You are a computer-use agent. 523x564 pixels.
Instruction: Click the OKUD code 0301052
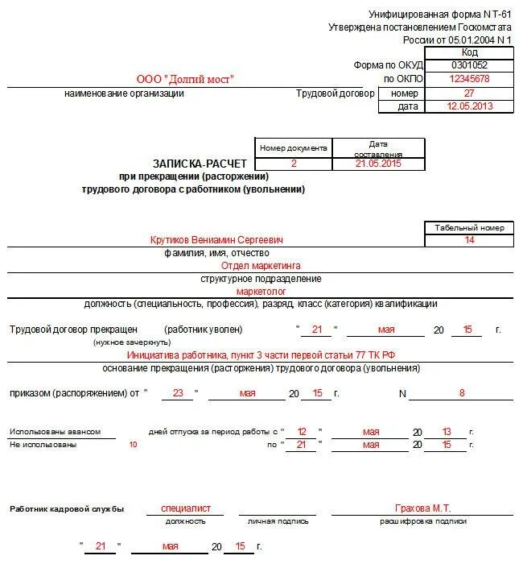[x=469, y=65]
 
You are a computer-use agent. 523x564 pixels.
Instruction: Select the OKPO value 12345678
[x=469, y=79]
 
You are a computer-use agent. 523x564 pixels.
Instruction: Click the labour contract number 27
[x=469, y=93]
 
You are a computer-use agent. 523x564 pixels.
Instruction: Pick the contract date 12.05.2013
[x=469, y=106]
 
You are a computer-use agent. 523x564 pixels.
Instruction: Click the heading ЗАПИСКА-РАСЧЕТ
[x=192, y=164]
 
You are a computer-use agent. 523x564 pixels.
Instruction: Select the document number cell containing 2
[x=294, y=164]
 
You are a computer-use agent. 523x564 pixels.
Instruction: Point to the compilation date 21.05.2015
[x=378, y=164]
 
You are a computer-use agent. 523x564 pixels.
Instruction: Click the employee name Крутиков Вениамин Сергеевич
[x=216, y=240]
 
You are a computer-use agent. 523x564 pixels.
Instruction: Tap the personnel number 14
[x=469, y=240]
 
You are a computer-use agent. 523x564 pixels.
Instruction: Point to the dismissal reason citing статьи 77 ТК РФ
[x=261, y=355]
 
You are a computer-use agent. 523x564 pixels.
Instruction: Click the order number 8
[x=462, y=393]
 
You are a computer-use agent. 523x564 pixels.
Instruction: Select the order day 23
[x=178, y=393]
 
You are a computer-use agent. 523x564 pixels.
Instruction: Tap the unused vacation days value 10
[x=134, y=445]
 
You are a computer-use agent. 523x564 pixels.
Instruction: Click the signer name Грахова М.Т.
[x=423, y=508]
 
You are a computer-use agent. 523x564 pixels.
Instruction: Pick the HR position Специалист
[x=186, y=508]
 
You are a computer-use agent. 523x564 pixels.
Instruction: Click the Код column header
[x=469, y=52]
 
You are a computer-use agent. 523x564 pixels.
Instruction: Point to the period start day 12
[x=302, y=432]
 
